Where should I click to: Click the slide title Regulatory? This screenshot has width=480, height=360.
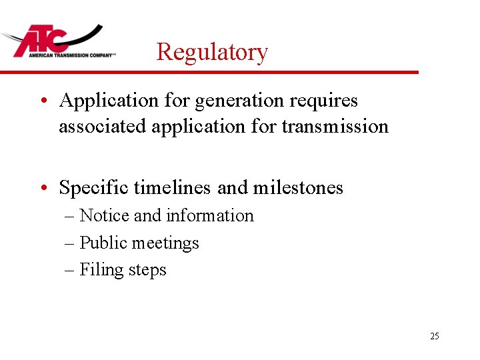212,51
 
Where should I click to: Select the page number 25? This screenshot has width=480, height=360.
435,336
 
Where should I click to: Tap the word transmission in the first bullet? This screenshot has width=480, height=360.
335,126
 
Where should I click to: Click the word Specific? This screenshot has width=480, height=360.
94,188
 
